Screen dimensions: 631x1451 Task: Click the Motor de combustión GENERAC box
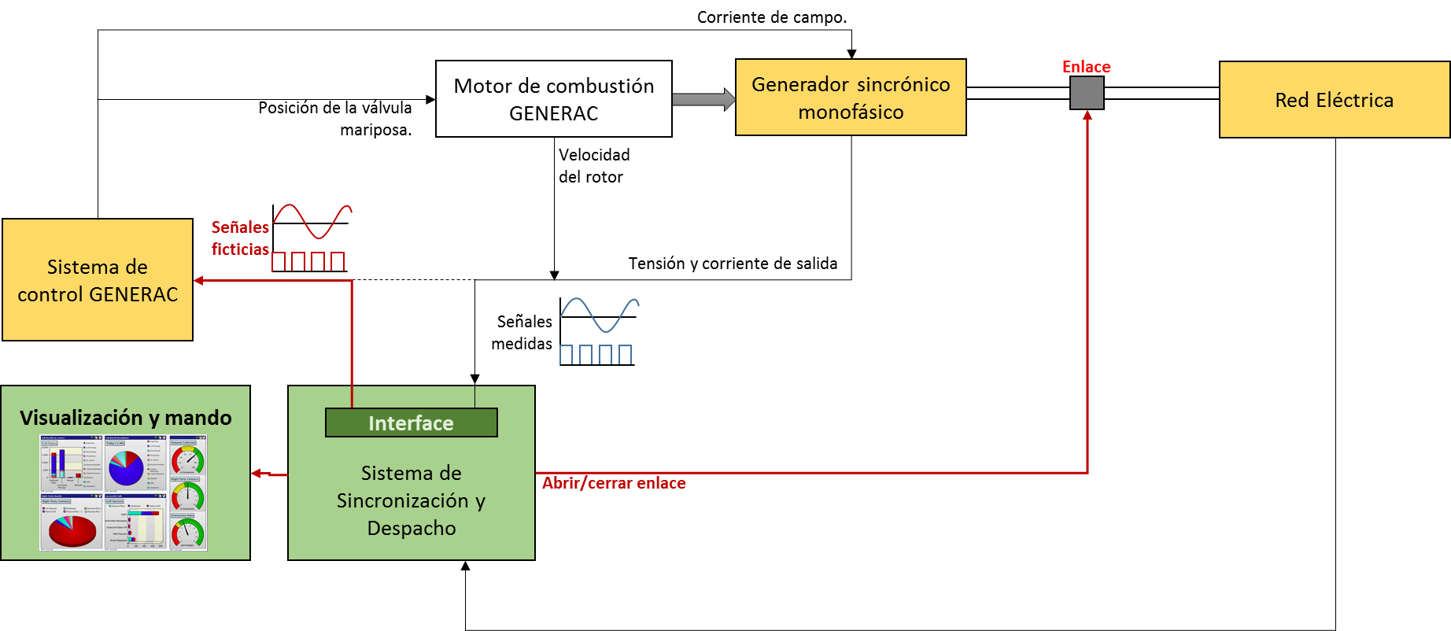[553, 99]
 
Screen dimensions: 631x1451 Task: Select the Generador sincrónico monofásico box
[850, 98]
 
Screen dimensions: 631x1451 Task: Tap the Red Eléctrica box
[1334, 100]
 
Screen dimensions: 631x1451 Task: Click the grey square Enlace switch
[1087, 93]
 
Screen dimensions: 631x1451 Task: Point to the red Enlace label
[1086, 67]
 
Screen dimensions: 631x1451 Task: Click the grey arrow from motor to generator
[703, 99]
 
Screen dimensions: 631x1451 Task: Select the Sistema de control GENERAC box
[98, 280]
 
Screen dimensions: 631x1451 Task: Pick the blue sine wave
[600, 314]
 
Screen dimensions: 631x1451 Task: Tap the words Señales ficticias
[240, 238]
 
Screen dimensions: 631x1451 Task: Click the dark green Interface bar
[411, 423]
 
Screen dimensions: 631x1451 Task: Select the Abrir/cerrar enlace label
[614, 483]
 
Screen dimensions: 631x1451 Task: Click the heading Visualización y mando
[126, 418]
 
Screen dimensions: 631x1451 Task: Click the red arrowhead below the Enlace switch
[1087, 116]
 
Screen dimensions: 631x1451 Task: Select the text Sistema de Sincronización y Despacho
[411, 500]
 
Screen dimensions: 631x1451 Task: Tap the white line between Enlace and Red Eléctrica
[1161, 93]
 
